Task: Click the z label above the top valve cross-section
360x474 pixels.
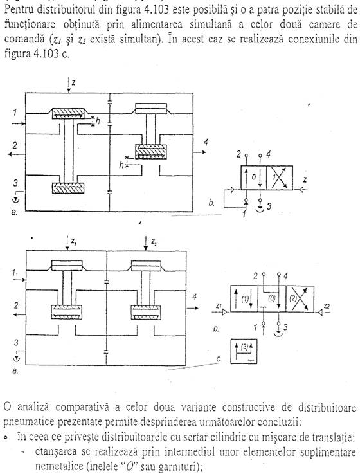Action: [x=73, y=82]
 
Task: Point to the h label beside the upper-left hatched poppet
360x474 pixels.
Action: [x=98, y=121]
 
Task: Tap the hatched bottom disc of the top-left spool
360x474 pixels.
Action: [x=68, y=188]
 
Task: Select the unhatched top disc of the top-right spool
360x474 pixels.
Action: [x=151, y=109]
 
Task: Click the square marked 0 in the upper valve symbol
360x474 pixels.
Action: [x=253, y=178]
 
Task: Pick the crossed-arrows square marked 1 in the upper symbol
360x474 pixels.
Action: [x=280, y=178]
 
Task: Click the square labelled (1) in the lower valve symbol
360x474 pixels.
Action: [x=244, y=298]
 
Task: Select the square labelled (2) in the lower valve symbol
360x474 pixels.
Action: [x=300, y=298]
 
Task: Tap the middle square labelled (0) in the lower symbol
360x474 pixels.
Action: [x=272, y=298]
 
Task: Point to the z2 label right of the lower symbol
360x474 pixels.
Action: [x=327, y=306]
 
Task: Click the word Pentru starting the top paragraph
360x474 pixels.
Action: [x=19, y=10]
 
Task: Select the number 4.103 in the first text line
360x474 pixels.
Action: [x=159, y=10]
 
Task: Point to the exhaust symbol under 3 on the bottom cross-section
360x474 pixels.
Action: [x=17, y=358]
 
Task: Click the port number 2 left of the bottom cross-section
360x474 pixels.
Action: [x=15, y=305]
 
